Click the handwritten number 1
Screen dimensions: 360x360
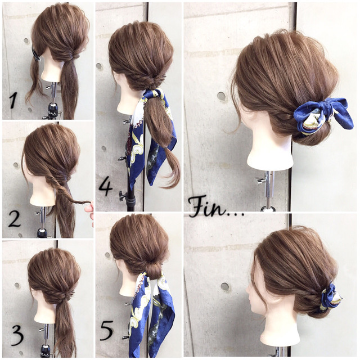[x=13, y=100]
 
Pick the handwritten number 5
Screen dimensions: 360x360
[x=107, y=330]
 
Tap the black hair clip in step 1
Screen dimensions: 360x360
[x=35, y=55]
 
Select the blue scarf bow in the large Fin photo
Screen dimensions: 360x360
[x=323, y=116]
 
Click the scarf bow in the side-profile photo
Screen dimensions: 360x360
[x=331, y=296]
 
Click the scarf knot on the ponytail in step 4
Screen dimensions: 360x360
[x=154, y=94]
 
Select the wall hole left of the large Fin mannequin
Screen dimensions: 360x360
[x=221, y=96]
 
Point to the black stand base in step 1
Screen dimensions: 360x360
[x=53, y=111]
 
